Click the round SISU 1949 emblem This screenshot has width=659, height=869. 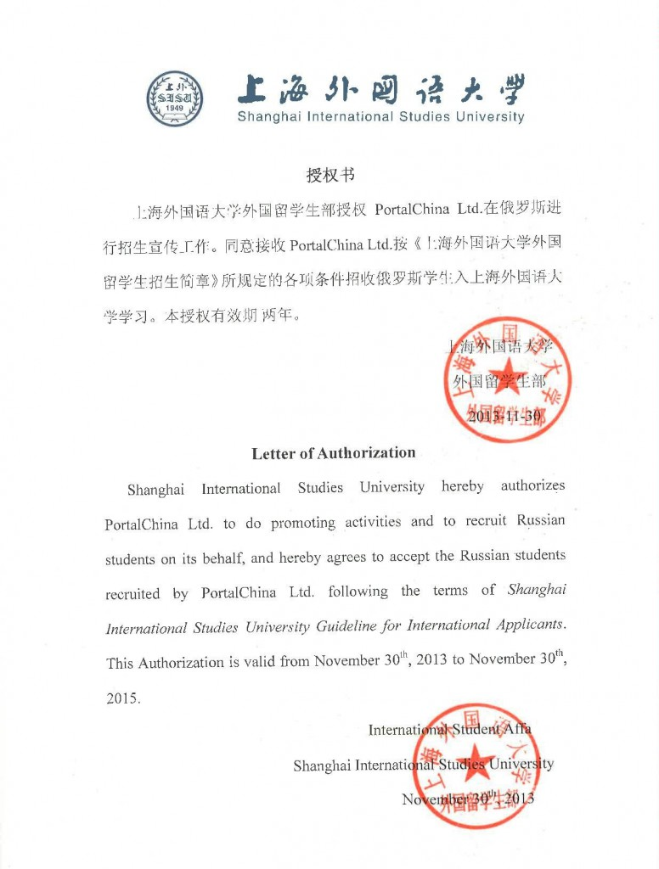[175, 98]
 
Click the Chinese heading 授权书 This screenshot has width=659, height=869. [329, 176]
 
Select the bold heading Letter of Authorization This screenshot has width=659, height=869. [334, 453]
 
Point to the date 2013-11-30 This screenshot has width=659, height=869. [504, 417]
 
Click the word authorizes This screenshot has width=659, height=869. [532, 486]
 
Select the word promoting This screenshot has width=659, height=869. [303, 523]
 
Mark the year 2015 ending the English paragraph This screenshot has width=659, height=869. [122, 698]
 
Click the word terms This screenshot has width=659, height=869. [450, 591]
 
